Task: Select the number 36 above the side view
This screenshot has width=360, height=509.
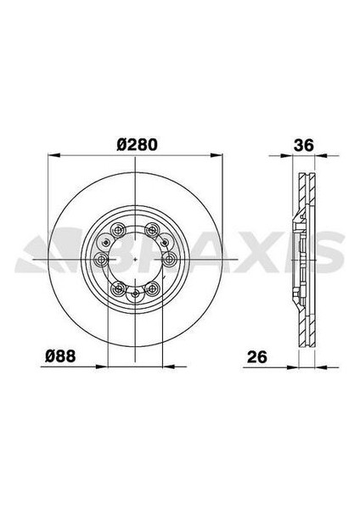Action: point(303,145)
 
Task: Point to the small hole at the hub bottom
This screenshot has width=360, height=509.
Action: point(136,294)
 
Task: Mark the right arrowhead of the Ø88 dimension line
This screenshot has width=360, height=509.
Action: point(161,366)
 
